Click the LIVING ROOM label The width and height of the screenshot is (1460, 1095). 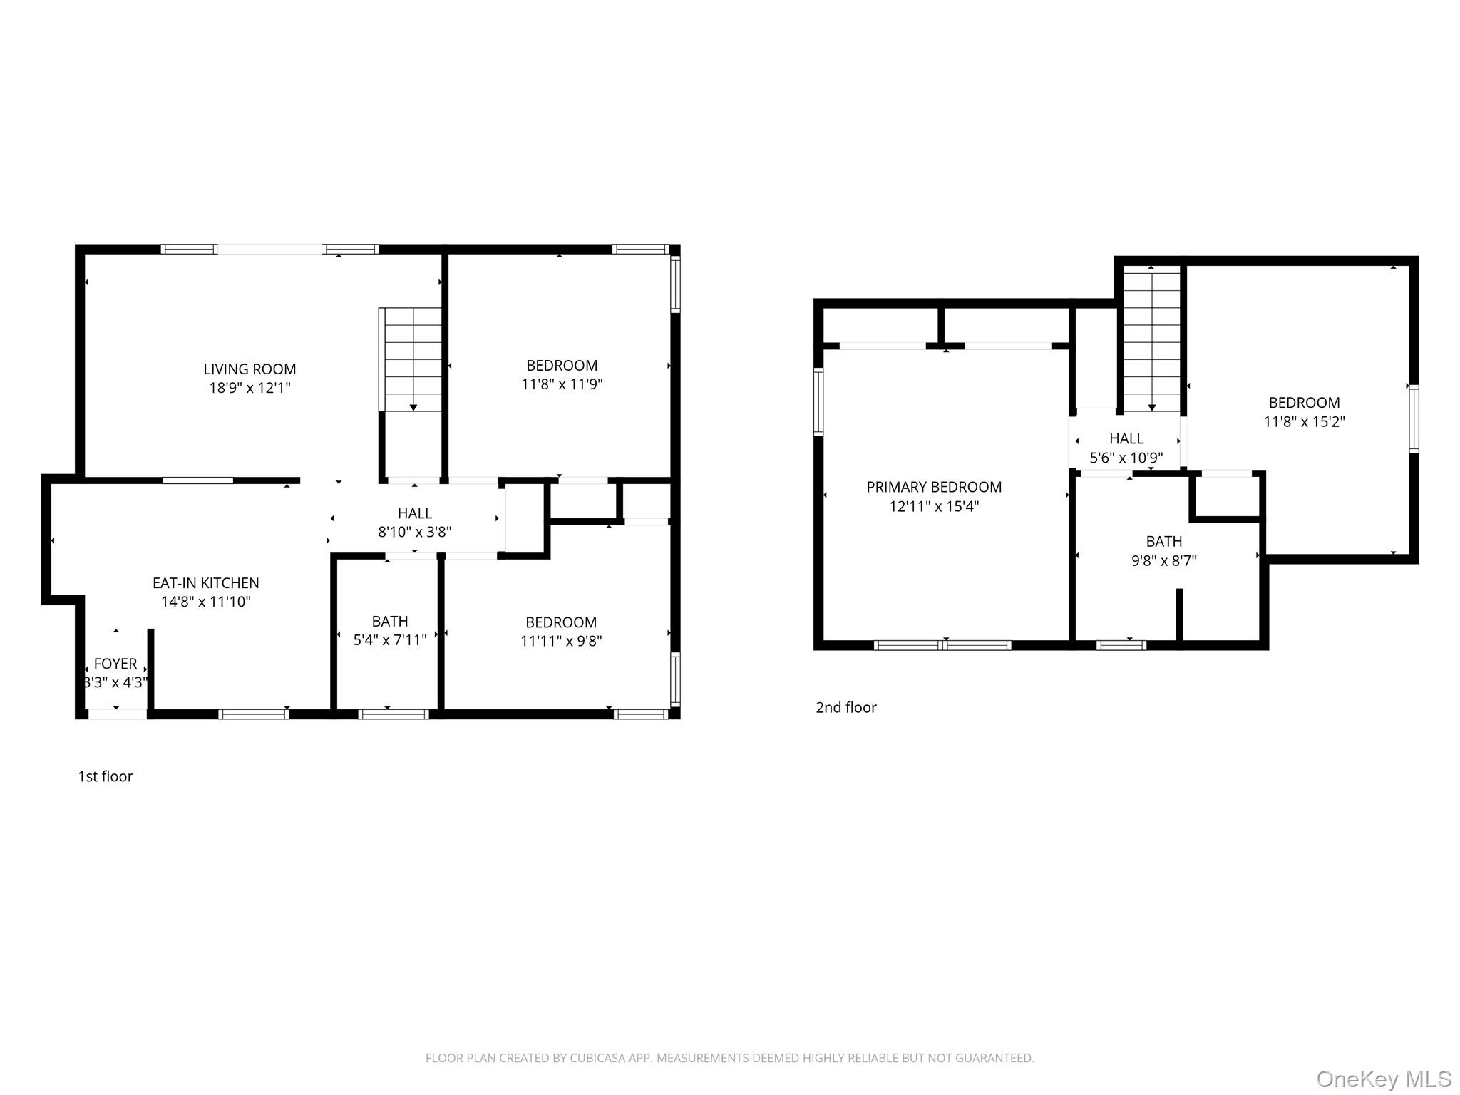click(x=250, y=369)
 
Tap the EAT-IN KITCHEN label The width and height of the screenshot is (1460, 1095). click(x=206, y=583)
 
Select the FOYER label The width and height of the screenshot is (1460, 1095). click(x=115, y=664)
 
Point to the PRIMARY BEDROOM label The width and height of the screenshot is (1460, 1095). click(x=934, y=487)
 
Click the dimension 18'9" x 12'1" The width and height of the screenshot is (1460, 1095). click(x=250, y=388)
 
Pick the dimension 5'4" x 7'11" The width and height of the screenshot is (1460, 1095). click(x=390, y=639)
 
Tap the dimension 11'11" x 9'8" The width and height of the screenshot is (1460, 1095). click(x=561, y=641)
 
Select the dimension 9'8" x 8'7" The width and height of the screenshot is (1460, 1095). click(x=1164, y=560)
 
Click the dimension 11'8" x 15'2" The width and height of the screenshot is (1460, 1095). click(x=1304, y=421)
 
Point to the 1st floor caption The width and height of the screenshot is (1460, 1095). click(x=106, y=776)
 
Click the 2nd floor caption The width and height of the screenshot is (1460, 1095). click(x=846, y=707)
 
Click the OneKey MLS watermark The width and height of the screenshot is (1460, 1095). click(x=1384, y=1079)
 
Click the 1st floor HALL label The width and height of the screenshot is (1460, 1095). click(x=415, y=513)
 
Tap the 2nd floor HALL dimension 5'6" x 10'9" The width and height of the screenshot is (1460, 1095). click(x=1126, y=458)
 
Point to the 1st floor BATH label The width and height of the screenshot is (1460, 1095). click(x=390, y=621)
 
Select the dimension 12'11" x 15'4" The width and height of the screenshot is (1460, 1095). click(x=934, y=506)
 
